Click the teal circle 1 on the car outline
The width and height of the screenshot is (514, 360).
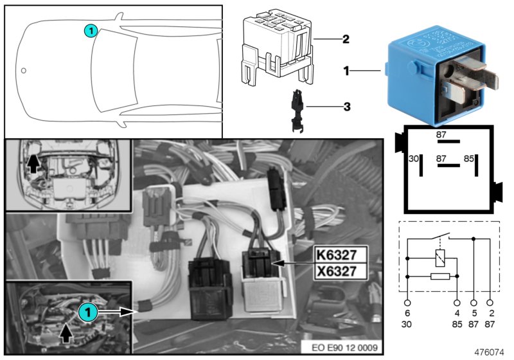91,30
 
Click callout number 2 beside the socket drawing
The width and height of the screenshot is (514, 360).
345,39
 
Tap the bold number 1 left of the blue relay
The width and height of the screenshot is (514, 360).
346,71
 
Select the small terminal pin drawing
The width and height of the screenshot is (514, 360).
296,110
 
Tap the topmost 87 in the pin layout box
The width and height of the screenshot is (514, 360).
441,134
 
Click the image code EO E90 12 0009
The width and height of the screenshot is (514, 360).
345,348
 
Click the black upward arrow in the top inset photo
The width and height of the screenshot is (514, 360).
33,164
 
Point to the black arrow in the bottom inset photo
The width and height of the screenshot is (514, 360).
67,333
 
